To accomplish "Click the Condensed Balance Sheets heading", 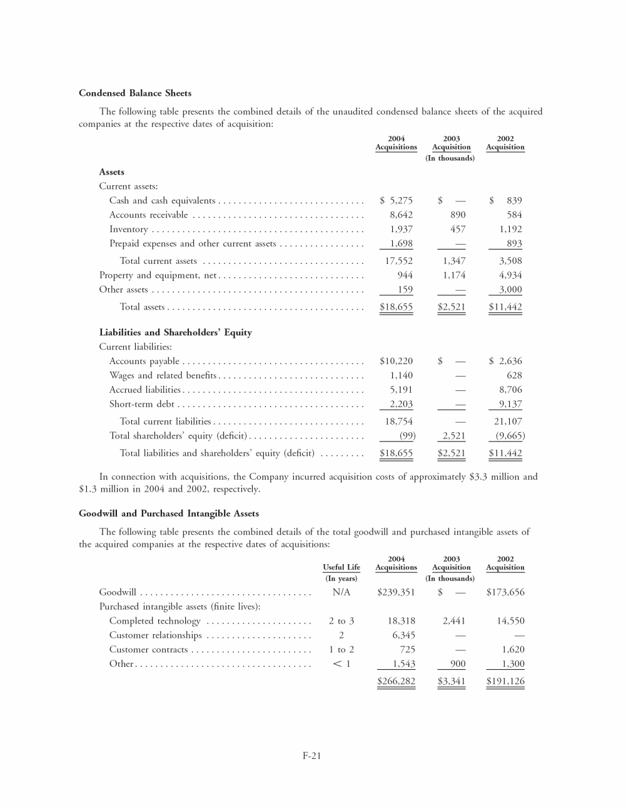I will pos(135,93).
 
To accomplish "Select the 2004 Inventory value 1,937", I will pos(401,230).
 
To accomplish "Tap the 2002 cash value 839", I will pos(514,201).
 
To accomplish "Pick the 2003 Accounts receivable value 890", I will pos(458,215).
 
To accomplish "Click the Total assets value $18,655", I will pos(396,307).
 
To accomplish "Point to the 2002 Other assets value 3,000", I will pos(510,290).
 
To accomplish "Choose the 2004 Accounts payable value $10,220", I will pos(396,362).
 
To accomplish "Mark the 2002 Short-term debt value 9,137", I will pos(510,405).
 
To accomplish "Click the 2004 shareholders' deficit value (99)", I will pos(407,436).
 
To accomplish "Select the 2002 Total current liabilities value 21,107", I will pos(508,422).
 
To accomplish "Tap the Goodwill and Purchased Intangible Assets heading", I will pos(169,514).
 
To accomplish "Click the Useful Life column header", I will pos(341,567).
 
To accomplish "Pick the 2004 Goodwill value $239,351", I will pos(396,592).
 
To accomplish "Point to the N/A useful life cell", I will pos(341,592).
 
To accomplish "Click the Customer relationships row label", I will pos(156,635).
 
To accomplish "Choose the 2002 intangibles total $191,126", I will pos(505,681).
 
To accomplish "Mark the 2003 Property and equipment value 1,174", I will pos(454,275).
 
